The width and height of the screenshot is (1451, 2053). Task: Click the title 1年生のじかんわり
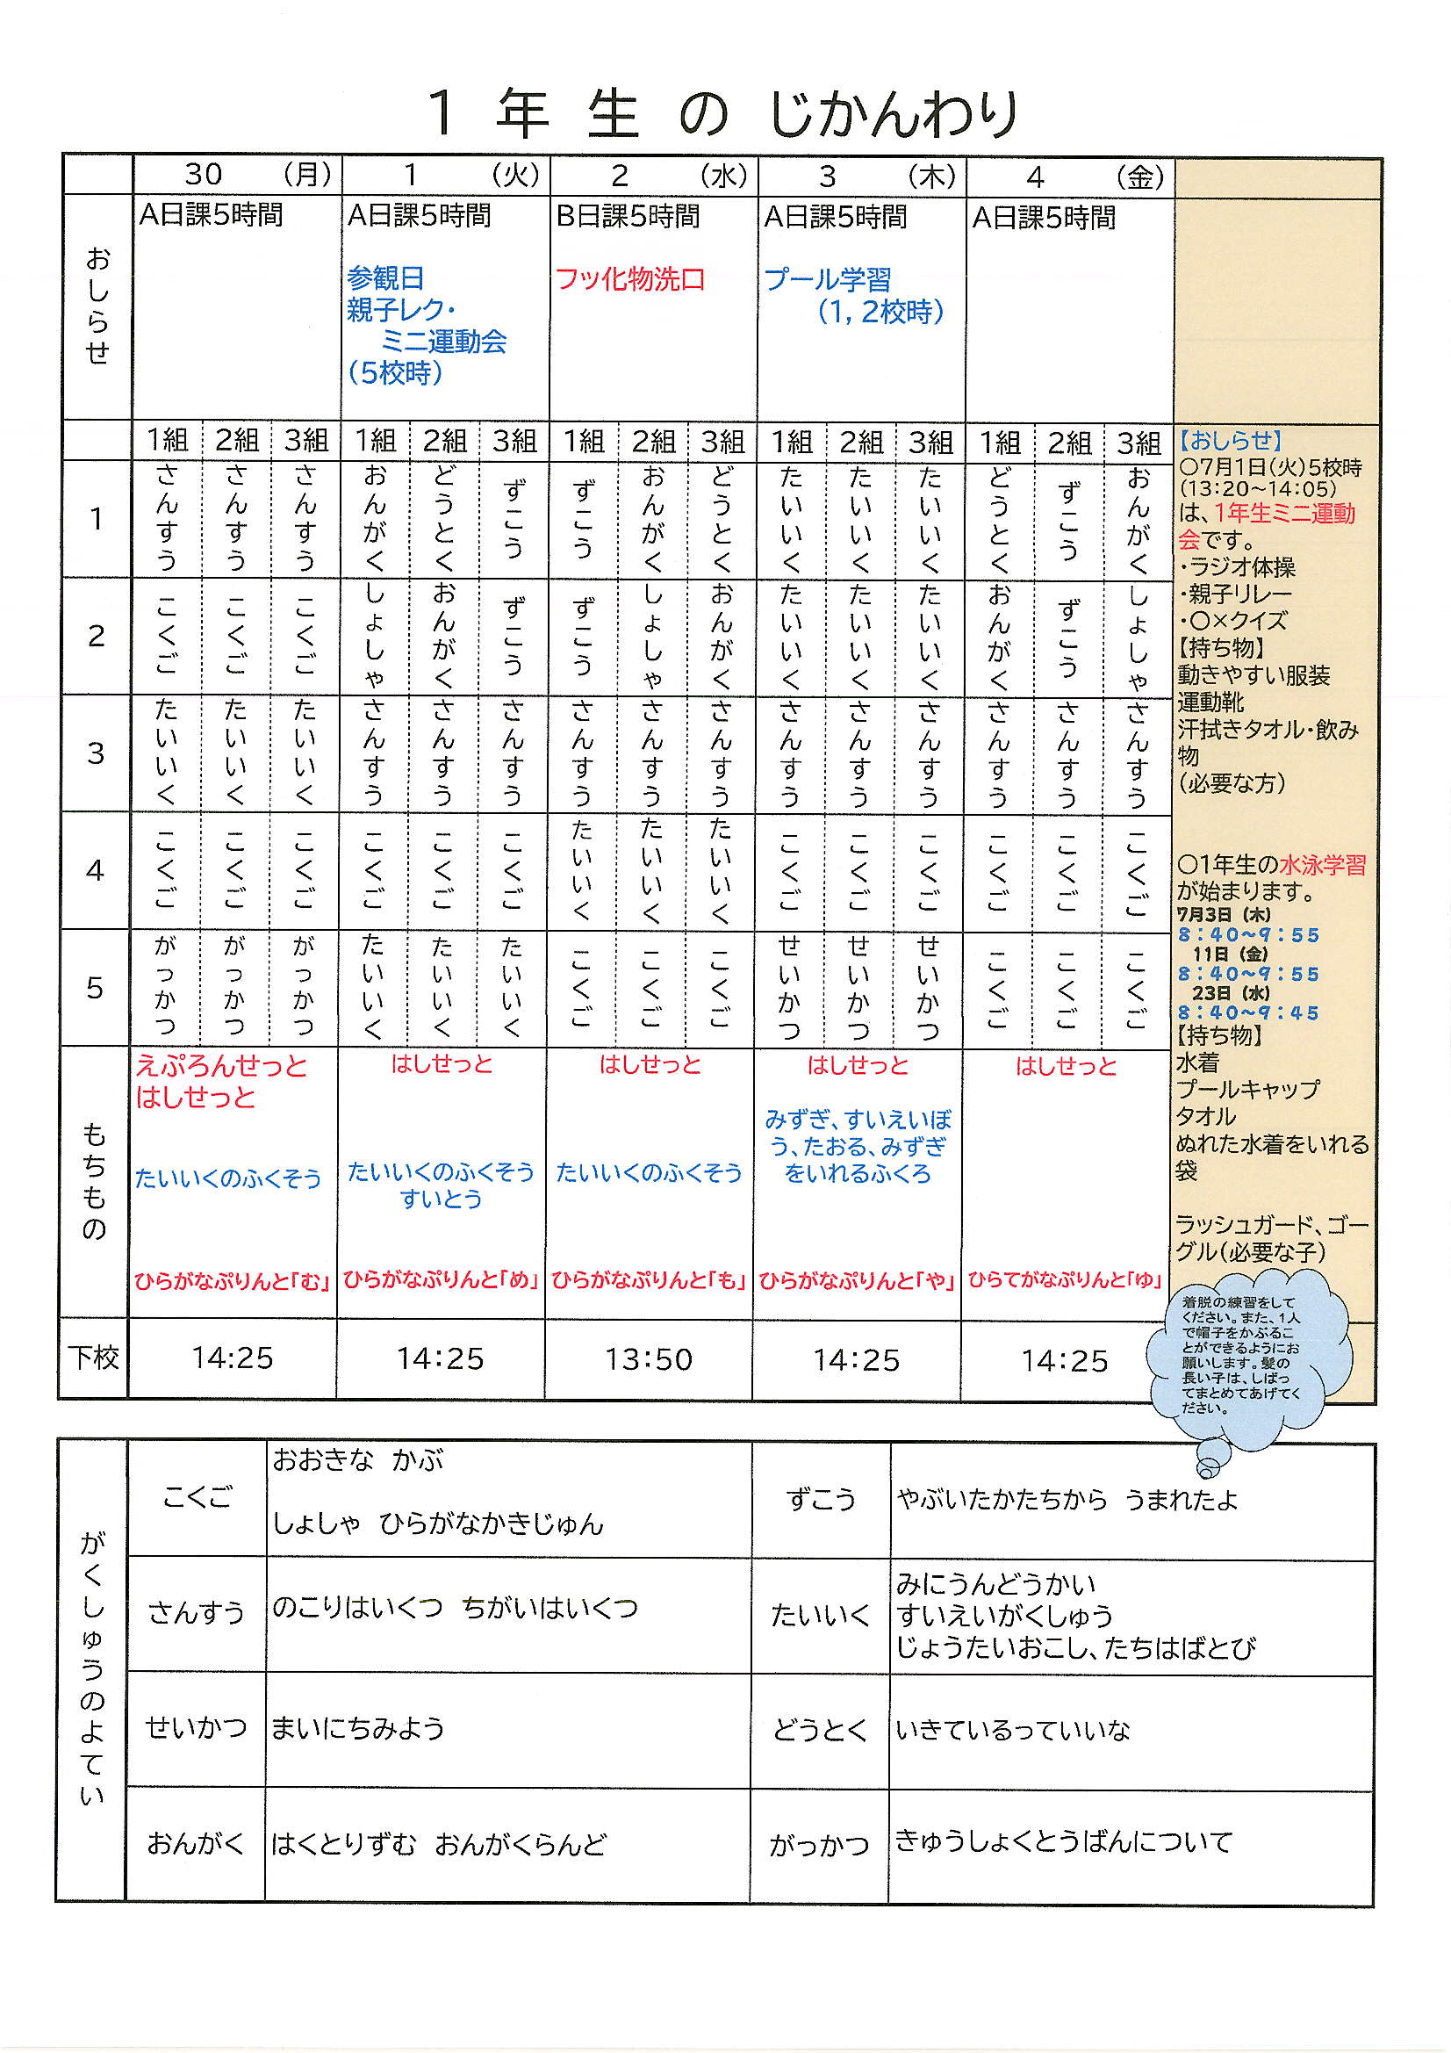click(x=723, y=113)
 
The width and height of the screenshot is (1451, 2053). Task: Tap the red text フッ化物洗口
click(x=629, y=279)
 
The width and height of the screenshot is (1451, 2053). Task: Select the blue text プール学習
click(x=827, y=280)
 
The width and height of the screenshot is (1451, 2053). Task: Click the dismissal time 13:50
click(x=648, y=1359)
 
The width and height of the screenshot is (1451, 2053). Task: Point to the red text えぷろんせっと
click(x=221, y=1066)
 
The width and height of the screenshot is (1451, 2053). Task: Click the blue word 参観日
click(x=385, y=278)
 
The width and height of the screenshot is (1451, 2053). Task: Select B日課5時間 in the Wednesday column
click(x=628, y=216)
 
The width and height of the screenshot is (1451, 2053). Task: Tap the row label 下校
click(x=94, y=1358)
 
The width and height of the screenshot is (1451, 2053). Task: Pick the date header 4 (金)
click(x=1069, y=177)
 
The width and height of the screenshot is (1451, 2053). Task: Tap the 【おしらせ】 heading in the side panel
click(x=1230, y=440)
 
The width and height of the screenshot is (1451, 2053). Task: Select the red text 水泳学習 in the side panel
click(x=1322, y=865)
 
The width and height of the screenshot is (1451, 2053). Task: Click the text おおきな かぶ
click(x=357, y=1461)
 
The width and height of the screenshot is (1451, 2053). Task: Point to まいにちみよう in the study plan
click(x=357, y=1727)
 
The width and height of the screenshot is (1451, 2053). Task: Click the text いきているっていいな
click(x=1013, y=1730)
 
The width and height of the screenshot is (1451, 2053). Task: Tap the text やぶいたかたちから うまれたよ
click(x=1067, y=1500)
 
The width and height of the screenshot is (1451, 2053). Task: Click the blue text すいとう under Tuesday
click(x=441, y=1199)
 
